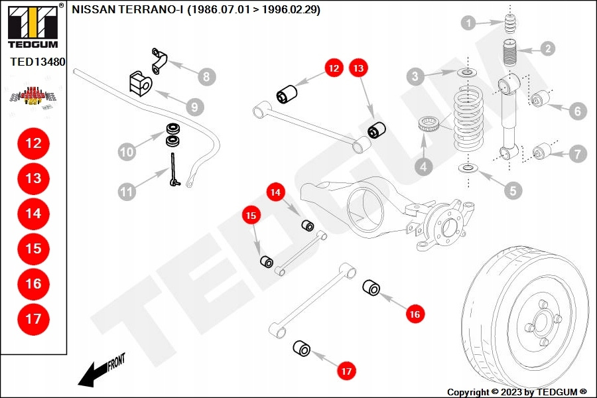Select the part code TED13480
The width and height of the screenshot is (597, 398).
tap(37, 62)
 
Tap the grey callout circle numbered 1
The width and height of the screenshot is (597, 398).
tap(469, 24)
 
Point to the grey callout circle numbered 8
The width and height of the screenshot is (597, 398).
tap(206, 77)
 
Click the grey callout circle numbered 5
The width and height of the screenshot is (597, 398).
tap(512, 191)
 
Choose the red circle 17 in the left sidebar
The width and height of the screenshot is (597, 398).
tap(33, 319)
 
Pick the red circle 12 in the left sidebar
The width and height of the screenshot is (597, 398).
tap(33, 143)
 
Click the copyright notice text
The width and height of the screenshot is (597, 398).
tap(517, 392)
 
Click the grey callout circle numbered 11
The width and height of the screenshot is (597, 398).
tap(127, 192)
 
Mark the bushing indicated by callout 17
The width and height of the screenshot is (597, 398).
tap(302, 348)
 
